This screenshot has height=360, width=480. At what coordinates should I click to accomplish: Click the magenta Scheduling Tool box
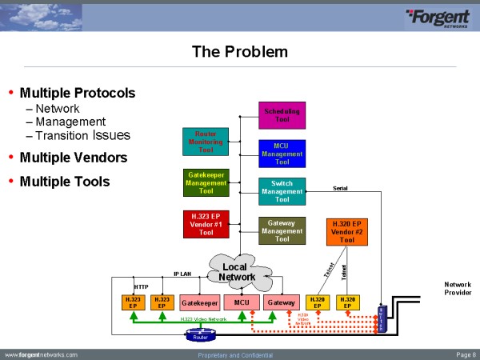[x=282, y=116]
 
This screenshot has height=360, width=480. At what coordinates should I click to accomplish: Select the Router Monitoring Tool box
[x=206, y=141]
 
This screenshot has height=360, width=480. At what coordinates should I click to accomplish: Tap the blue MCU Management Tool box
[x=282, y=153]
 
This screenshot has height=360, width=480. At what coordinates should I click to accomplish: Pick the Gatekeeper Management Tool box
[x=206, y=183]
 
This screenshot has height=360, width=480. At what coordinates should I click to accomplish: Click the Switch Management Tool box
[x=282, y=191]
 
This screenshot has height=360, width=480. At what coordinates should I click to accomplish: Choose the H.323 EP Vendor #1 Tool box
[x=206, y=224]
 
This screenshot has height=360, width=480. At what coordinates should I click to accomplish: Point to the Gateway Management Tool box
[x=282, y=230]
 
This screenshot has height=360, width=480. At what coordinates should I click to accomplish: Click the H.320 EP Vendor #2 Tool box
[x=347, y=230]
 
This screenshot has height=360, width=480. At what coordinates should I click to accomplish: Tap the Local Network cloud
[x=238, y=272]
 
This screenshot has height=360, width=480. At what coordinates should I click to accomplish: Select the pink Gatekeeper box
[x=199, y=303]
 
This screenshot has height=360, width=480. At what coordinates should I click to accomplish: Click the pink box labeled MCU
[x=242, y=303]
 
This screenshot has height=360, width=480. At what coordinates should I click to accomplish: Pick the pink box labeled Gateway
[x=282, y=303]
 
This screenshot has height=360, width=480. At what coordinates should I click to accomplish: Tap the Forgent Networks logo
[x=439, y=17]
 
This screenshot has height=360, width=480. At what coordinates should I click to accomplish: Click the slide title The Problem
[x=239, y=53]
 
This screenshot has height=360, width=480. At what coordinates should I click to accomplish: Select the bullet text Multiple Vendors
[x=73, y=158]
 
